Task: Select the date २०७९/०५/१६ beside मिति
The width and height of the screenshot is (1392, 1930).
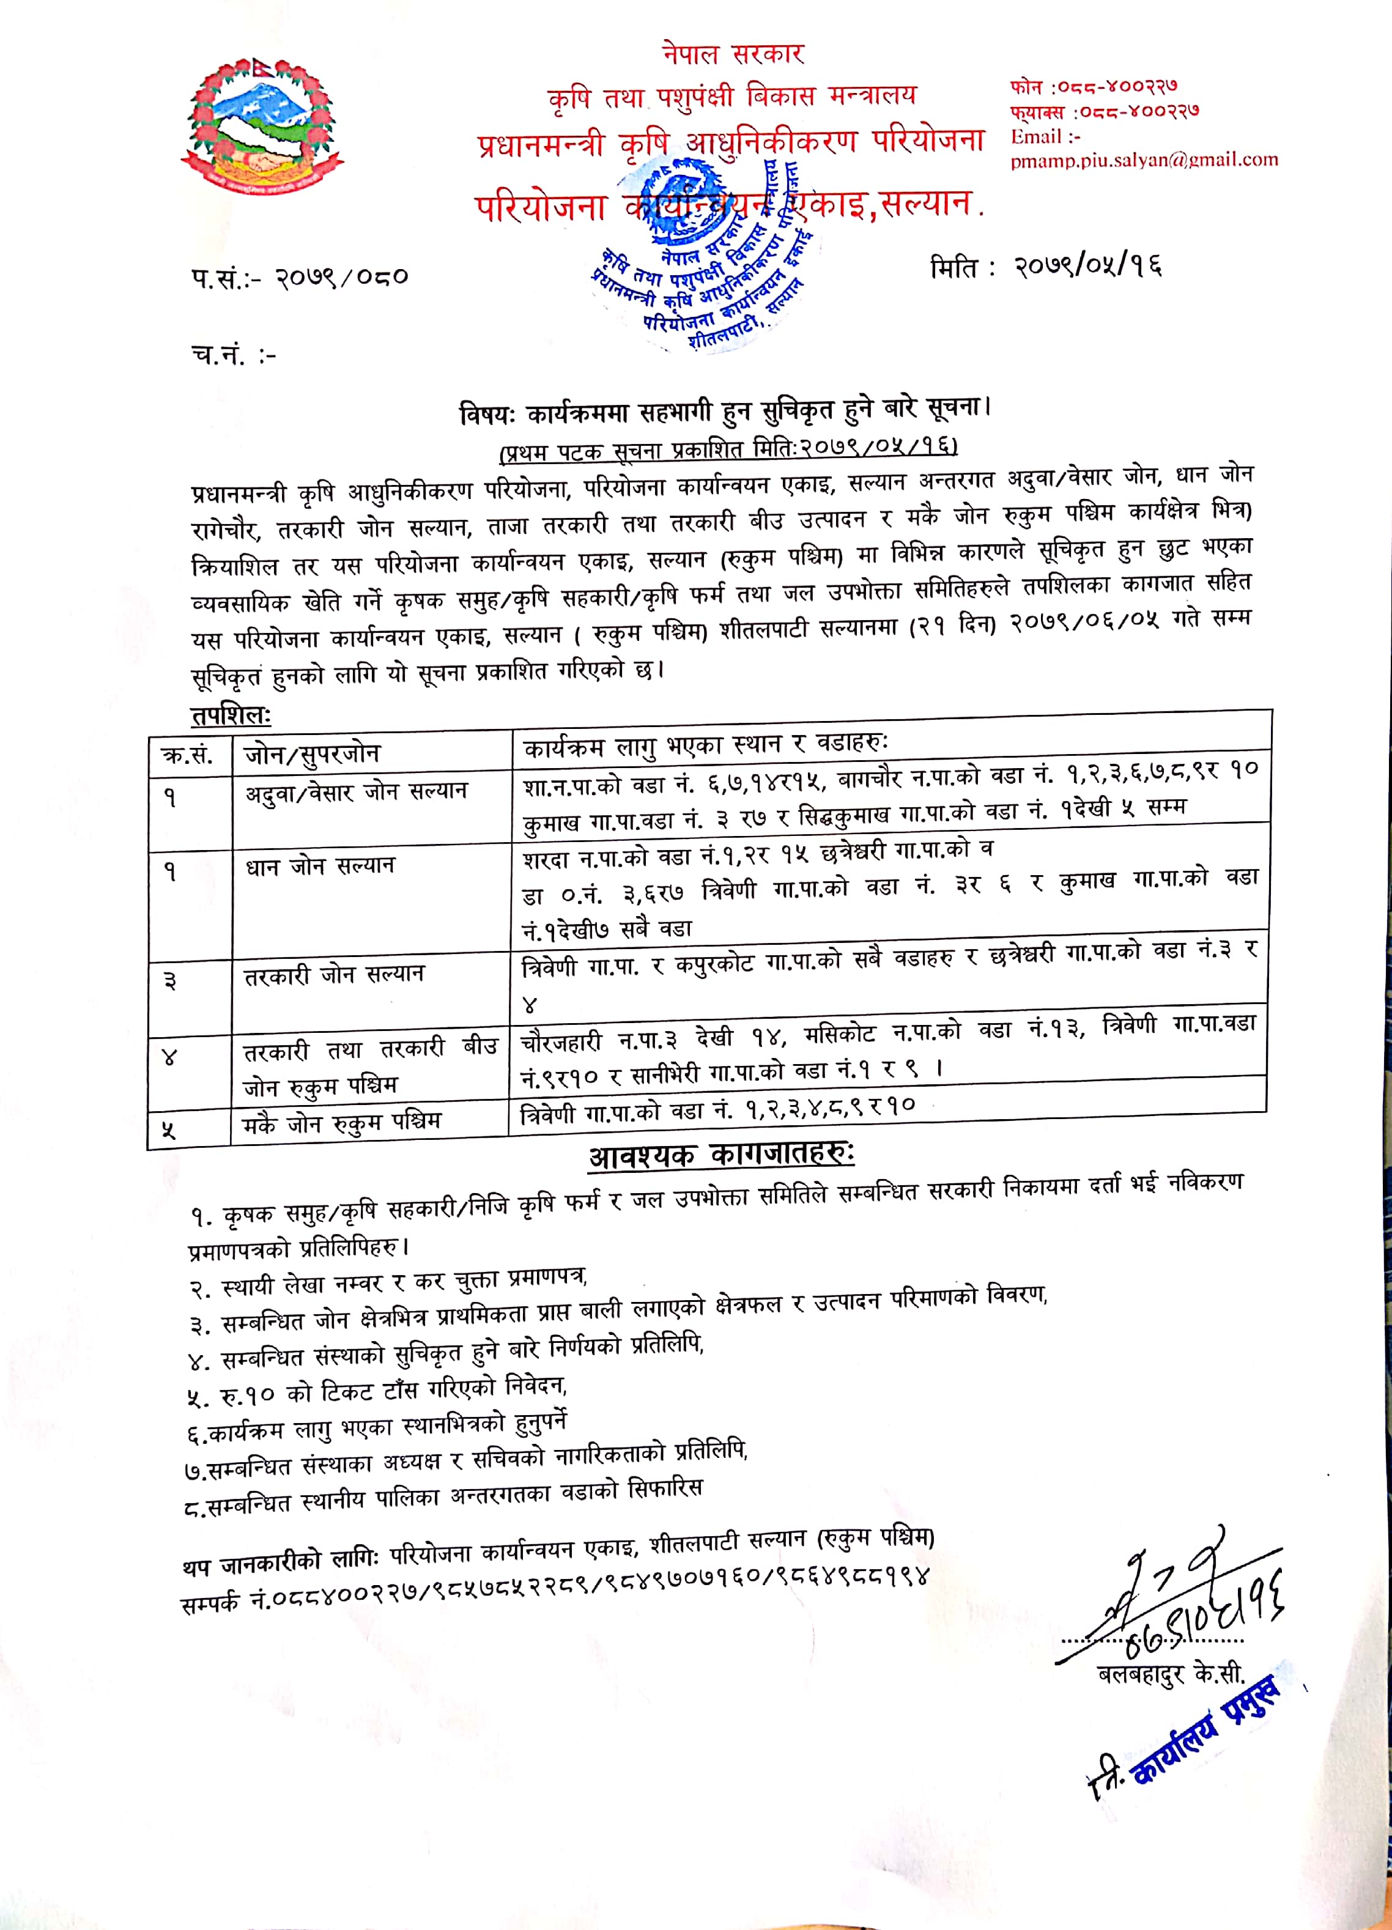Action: coord(1087,267)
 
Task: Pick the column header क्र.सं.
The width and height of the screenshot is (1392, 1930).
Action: coord(187,754)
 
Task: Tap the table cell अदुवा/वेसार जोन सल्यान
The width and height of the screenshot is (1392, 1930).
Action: coord(356,791)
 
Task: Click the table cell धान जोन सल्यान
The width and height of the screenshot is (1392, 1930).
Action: coord(320,867)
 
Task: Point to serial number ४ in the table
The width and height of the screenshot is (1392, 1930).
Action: coord(169,1058)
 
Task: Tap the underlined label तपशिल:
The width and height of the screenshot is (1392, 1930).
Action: coord(231,715)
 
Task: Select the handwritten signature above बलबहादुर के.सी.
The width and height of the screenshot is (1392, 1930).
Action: coord(1174,1591)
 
